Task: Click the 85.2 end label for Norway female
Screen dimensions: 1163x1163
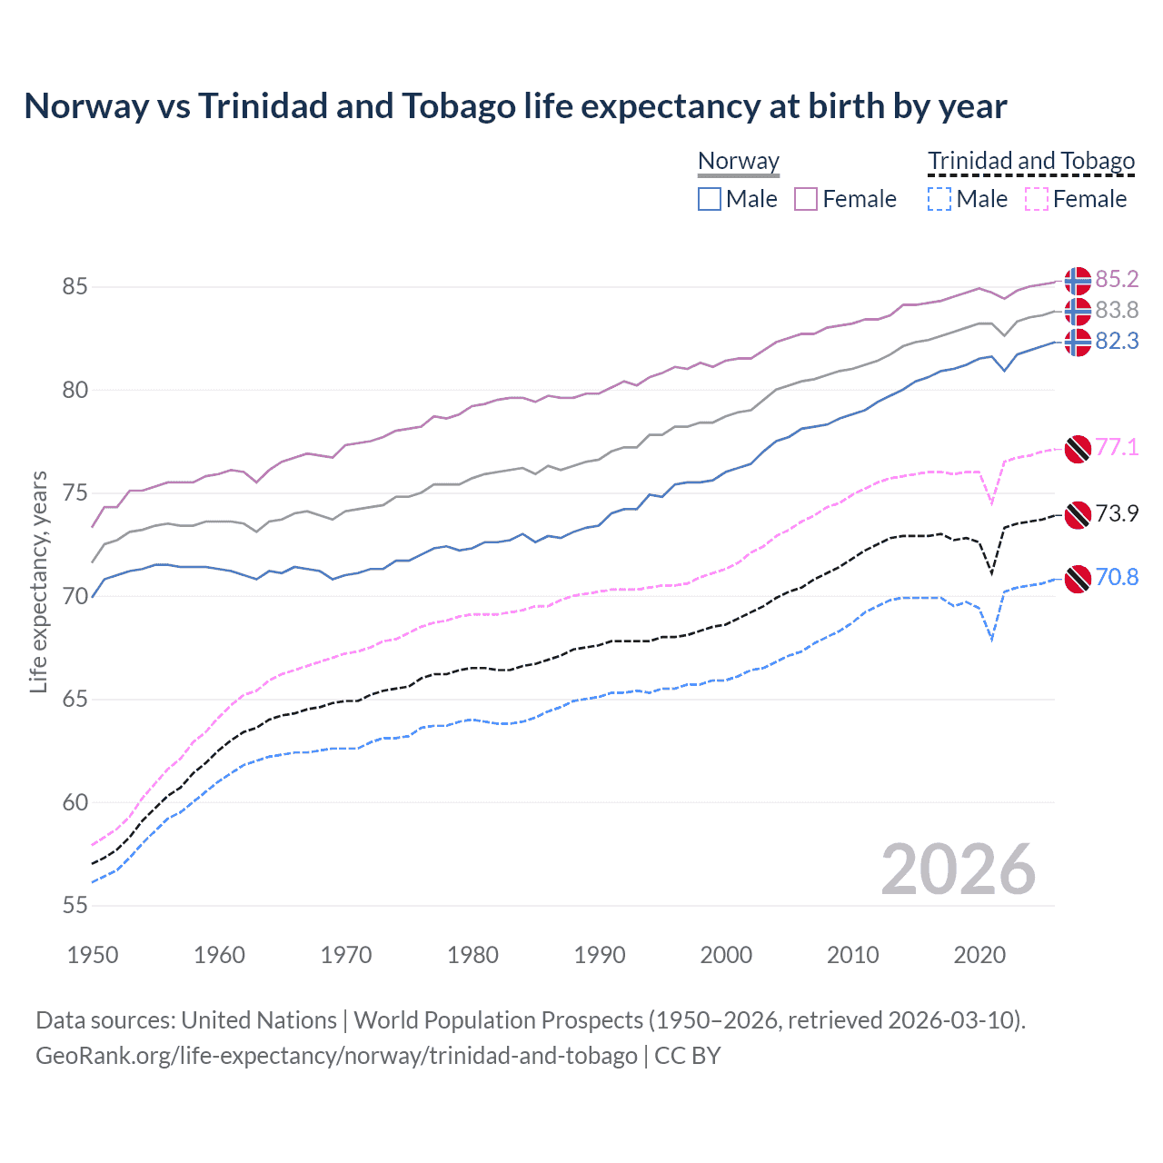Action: pos(1117,279)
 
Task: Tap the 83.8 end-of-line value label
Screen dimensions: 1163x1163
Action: pos(1117,311)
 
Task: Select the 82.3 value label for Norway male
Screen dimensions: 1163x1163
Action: pos(1117,341)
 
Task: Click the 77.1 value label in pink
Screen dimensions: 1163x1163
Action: pos(1117,447)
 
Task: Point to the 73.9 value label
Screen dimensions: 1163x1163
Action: pos(1117,513)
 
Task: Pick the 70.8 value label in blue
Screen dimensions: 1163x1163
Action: pos(1117,577)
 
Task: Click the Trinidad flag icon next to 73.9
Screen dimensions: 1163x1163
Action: pos(1078,515)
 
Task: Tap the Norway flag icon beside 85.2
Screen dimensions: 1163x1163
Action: pos(1078,281)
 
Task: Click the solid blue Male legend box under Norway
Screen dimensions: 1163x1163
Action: pos(710,199)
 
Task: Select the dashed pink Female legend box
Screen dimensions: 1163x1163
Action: pos(1036,199)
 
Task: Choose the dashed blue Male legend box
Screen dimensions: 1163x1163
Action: pos(939,199)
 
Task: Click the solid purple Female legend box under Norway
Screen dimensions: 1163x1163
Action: pos(806,199)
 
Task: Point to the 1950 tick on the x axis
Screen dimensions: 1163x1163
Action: pos(93,955)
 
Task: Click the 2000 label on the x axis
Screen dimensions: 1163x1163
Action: pos(726,955)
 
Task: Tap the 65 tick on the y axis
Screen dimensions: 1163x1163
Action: pos(75,700)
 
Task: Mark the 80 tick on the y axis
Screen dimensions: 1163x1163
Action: pos(75,390)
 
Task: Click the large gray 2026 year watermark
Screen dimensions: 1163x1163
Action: pos(958,870)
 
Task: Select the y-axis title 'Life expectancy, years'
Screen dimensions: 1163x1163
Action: pos(38,581)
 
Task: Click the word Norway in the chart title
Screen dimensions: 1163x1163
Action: pos(86,106)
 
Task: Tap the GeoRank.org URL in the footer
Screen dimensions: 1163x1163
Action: pos(336,1056)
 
